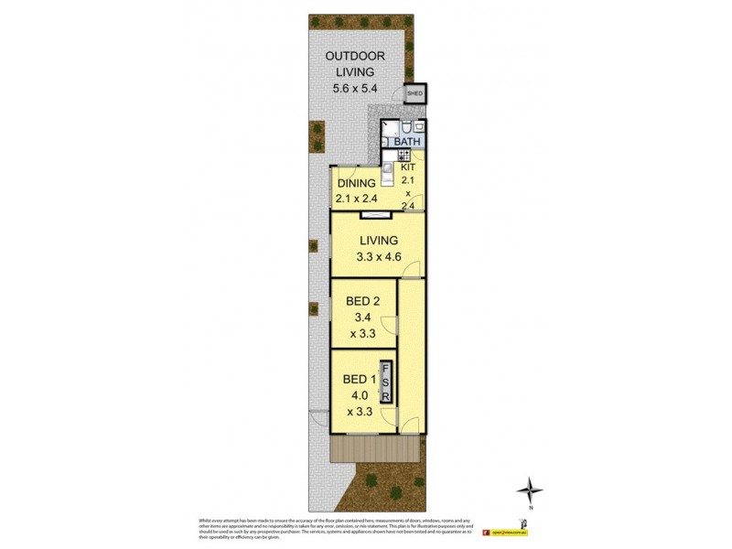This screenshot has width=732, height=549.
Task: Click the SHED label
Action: pyautogui.click(x=414, y=94)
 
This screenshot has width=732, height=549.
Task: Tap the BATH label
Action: pyautogui.click(x=407, y=142)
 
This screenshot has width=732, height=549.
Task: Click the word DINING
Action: pyautogui.click(x=356, y=183)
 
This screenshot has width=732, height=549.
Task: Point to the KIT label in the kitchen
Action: pyautogui.click(x=408, y=167)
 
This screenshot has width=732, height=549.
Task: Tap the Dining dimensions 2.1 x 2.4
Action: pyautogui.click(x=356, y=198)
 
